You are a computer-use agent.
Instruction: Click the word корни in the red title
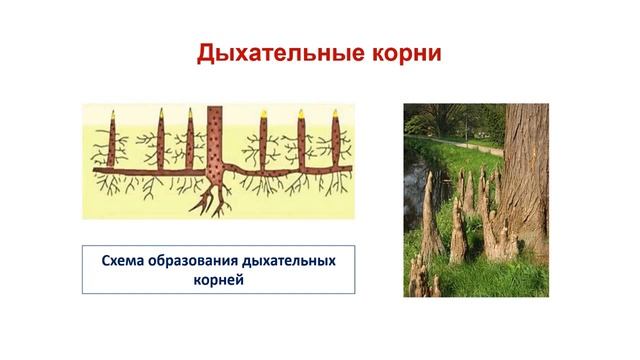[x=404, y=53]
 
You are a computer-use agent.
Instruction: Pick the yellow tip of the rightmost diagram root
[x=329, y=113]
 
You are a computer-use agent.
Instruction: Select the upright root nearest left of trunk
[x=189, y=145]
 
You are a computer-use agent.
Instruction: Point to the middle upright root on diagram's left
[x=158, y=145]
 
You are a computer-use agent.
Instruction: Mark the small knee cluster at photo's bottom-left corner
[x=417, y=280]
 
